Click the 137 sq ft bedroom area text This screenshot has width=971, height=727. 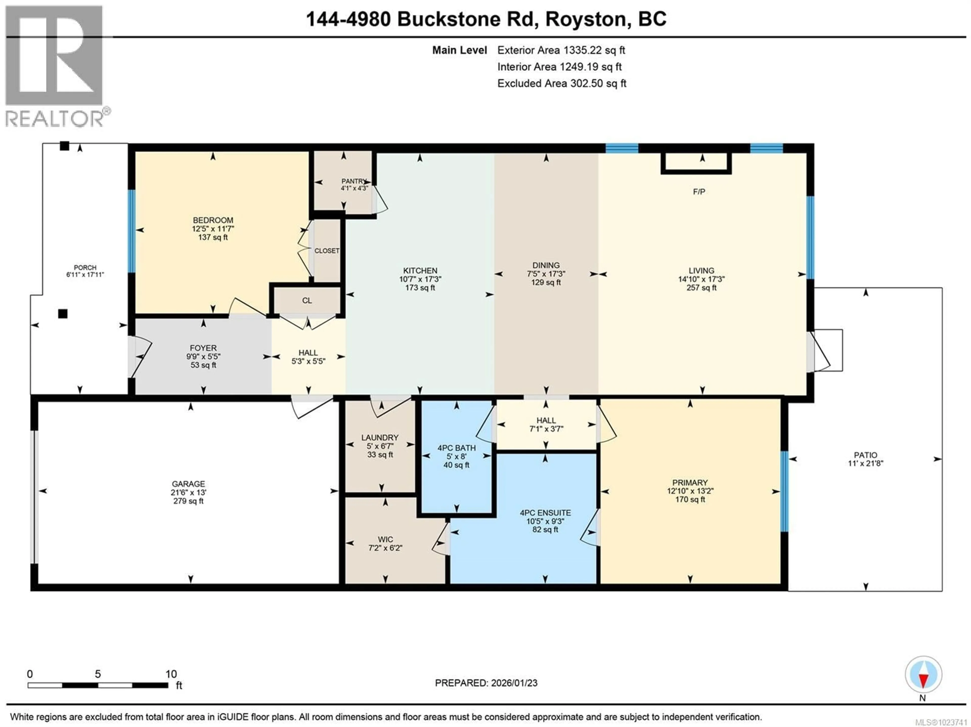(x=213, y=237)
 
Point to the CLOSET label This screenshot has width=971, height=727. (x=327, y=251)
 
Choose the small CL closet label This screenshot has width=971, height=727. (x=307, y=301)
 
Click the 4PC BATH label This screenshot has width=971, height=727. (x=456, y=448)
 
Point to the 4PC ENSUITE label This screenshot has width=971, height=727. (x=545, y=513)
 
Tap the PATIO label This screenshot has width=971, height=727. (x=865, y=455)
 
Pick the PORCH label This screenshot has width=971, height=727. (x=85, y=267)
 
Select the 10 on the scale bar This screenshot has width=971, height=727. (x=171, y=674)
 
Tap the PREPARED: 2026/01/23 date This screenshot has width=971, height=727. (x=486, y=683)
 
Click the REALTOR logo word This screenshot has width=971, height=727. (x=54, y=119)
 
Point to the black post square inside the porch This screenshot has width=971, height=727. (x=63, y=314)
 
